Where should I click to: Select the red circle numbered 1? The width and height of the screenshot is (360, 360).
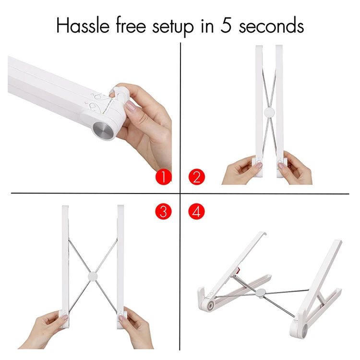pyautogui.click(x=163, y=177)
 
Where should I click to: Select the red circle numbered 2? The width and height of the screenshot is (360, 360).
pyautogui.click(x=196, y=177)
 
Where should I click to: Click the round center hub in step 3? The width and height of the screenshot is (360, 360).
pyautogui.click(x=93, y=276)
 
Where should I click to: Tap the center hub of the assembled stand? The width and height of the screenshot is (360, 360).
pyautogui.click(x=260, y=294)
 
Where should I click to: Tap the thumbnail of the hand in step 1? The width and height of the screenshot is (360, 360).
pyautogui.click(x=131, y=107)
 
